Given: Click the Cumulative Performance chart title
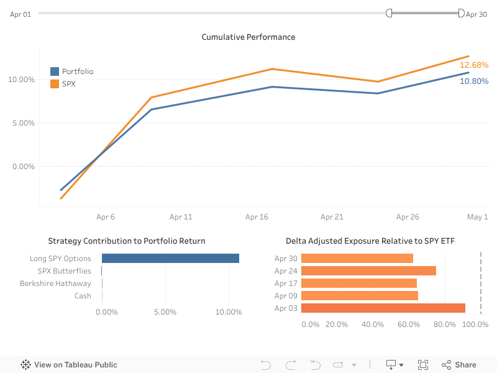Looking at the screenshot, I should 248,37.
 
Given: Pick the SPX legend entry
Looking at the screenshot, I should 68,83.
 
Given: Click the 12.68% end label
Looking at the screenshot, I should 473,65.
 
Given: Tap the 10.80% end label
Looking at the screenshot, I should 473,81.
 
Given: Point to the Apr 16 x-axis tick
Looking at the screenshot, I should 257,217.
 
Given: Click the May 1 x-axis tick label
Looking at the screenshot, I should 477,217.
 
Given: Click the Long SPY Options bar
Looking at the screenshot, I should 170,259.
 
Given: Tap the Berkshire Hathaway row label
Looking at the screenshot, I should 55,283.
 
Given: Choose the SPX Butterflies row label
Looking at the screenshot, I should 64,271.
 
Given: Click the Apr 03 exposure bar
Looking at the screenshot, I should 383,308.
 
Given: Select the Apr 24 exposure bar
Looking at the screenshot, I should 368,270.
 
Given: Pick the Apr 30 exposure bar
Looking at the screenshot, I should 357,258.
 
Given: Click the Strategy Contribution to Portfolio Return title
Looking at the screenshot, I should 127,241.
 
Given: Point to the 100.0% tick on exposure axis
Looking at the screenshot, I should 475,325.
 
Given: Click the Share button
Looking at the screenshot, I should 459,365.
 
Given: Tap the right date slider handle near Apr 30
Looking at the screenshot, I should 461,13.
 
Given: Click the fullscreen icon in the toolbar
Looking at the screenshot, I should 423,365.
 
